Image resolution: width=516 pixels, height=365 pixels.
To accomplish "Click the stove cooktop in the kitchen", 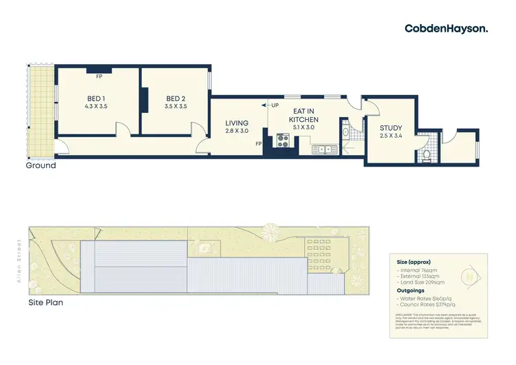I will coord(282,140).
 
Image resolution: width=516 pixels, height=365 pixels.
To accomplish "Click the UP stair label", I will coord(275,105).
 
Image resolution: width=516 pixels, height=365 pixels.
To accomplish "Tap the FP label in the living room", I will coord(259,143).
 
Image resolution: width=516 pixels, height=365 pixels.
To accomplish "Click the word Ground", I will coord(41,165).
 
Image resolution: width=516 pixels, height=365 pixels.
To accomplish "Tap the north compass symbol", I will coord(469,276).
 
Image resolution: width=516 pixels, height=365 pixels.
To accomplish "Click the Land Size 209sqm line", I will coord(421,282).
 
